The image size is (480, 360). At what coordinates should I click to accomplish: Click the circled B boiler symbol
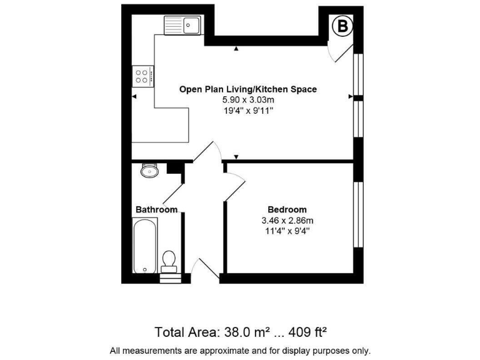(342, 26)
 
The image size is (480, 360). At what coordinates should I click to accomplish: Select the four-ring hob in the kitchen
(142, 77)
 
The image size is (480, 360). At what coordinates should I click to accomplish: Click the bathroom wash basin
(149, 170)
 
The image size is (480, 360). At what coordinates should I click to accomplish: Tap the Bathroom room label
(156, 209)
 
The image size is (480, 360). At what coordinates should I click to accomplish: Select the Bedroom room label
(287, 209)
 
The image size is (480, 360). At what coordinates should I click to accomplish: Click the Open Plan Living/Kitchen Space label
(248, 89)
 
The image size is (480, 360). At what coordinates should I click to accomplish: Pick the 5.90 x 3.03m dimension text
(248, 100)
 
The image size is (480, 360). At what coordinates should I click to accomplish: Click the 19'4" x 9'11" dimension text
(248, 111)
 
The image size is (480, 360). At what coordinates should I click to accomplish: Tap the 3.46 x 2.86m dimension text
(287, 220)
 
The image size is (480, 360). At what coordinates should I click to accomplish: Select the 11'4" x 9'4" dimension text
(287, 231)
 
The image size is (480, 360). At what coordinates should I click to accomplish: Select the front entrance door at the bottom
(201, 270)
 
